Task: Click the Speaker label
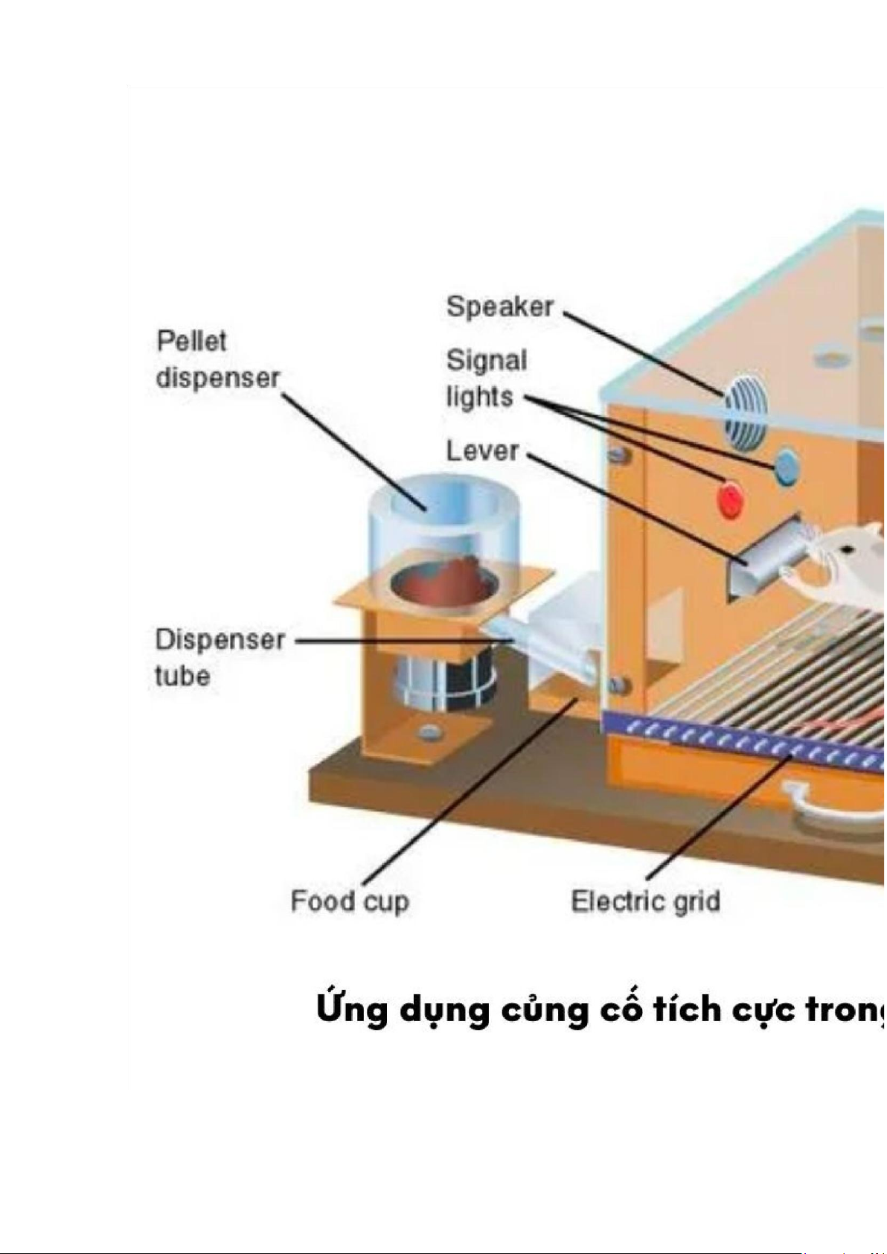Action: click(x=499, y=307)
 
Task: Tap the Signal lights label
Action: click(x=486, y=378)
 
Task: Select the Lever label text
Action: click(x=481, y=450)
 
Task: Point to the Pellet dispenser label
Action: click(x=217, y=359)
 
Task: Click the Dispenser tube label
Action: click(x=220, y=657)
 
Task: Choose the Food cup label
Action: click(x=349, y=901)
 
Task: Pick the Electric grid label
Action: click(x=645, y=901)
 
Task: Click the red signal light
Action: click(x=729, y=499)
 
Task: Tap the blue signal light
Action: click(x=786, y=467)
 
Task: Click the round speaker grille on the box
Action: click(x=745, y=412)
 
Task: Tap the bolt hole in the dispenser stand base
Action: click(x=428, y=732)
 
